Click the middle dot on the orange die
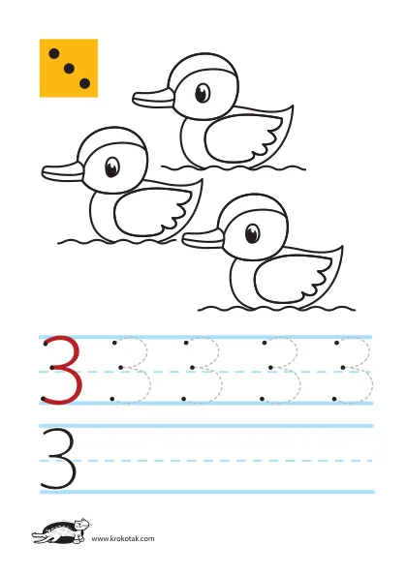(x=69, y=68)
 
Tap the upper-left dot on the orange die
(x=54, y=53)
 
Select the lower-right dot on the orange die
(x=84, y=83)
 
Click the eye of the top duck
(x=203, y=93)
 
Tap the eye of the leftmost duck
(x=112, y=166)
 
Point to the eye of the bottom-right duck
(x=252, y=233)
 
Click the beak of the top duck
(x=153, y=99)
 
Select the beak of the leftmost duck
(x=63, y=172)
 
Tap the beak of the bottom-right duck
(x=203, y=239)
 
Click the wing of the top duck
(x=242, y=137)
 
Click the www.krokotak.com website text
(x=123, y=538)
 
